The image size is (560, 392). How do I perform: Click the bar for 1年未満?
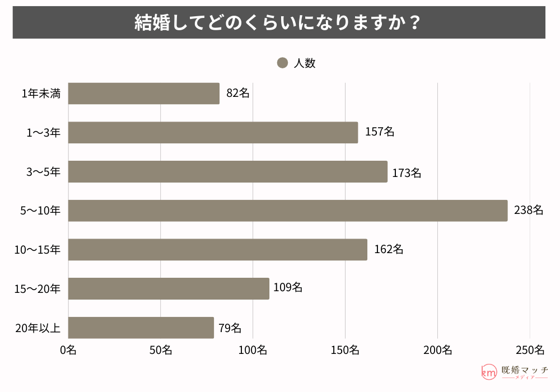coord(144,94)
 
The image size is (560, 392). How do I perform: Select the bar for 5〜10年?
coord(288,211)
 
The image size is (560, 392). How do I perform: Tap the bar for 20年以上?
coord(141,328)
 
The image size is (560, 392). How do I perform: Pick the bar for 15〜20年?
coord(169,288)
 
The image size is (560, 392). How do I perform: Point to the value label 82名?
coord(238,94)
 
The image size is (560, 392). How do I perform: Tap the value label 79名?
coord(230,328)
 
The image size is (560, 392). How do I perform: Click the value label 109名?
coord(288,288)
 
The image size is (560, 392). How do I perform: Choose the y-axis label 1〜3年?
coord(44,133)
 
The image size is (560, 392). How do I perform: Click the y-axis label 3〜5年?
coord(44,172)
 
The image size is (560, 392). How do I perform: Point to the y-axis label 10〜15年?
coord(38,250)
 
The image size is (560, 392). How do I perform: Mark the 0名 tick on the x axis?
coord(68,351)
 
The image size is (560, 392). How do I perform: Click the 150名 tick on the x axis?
coord(345,351)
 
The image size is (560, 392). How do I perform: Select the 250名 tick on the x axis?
coord(530,351)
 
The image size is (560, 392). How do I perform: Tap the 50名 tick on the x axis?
coord(161,351)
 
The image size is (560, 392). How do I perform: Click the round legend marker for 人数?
coord(282,63)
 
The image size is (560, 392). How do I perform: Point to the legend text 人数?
coord(305,63)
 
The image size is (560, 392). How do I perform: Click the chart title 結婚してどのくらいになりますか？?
coord(278,23)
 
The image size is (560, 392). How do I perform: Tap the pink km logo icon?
coord(489,372)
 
